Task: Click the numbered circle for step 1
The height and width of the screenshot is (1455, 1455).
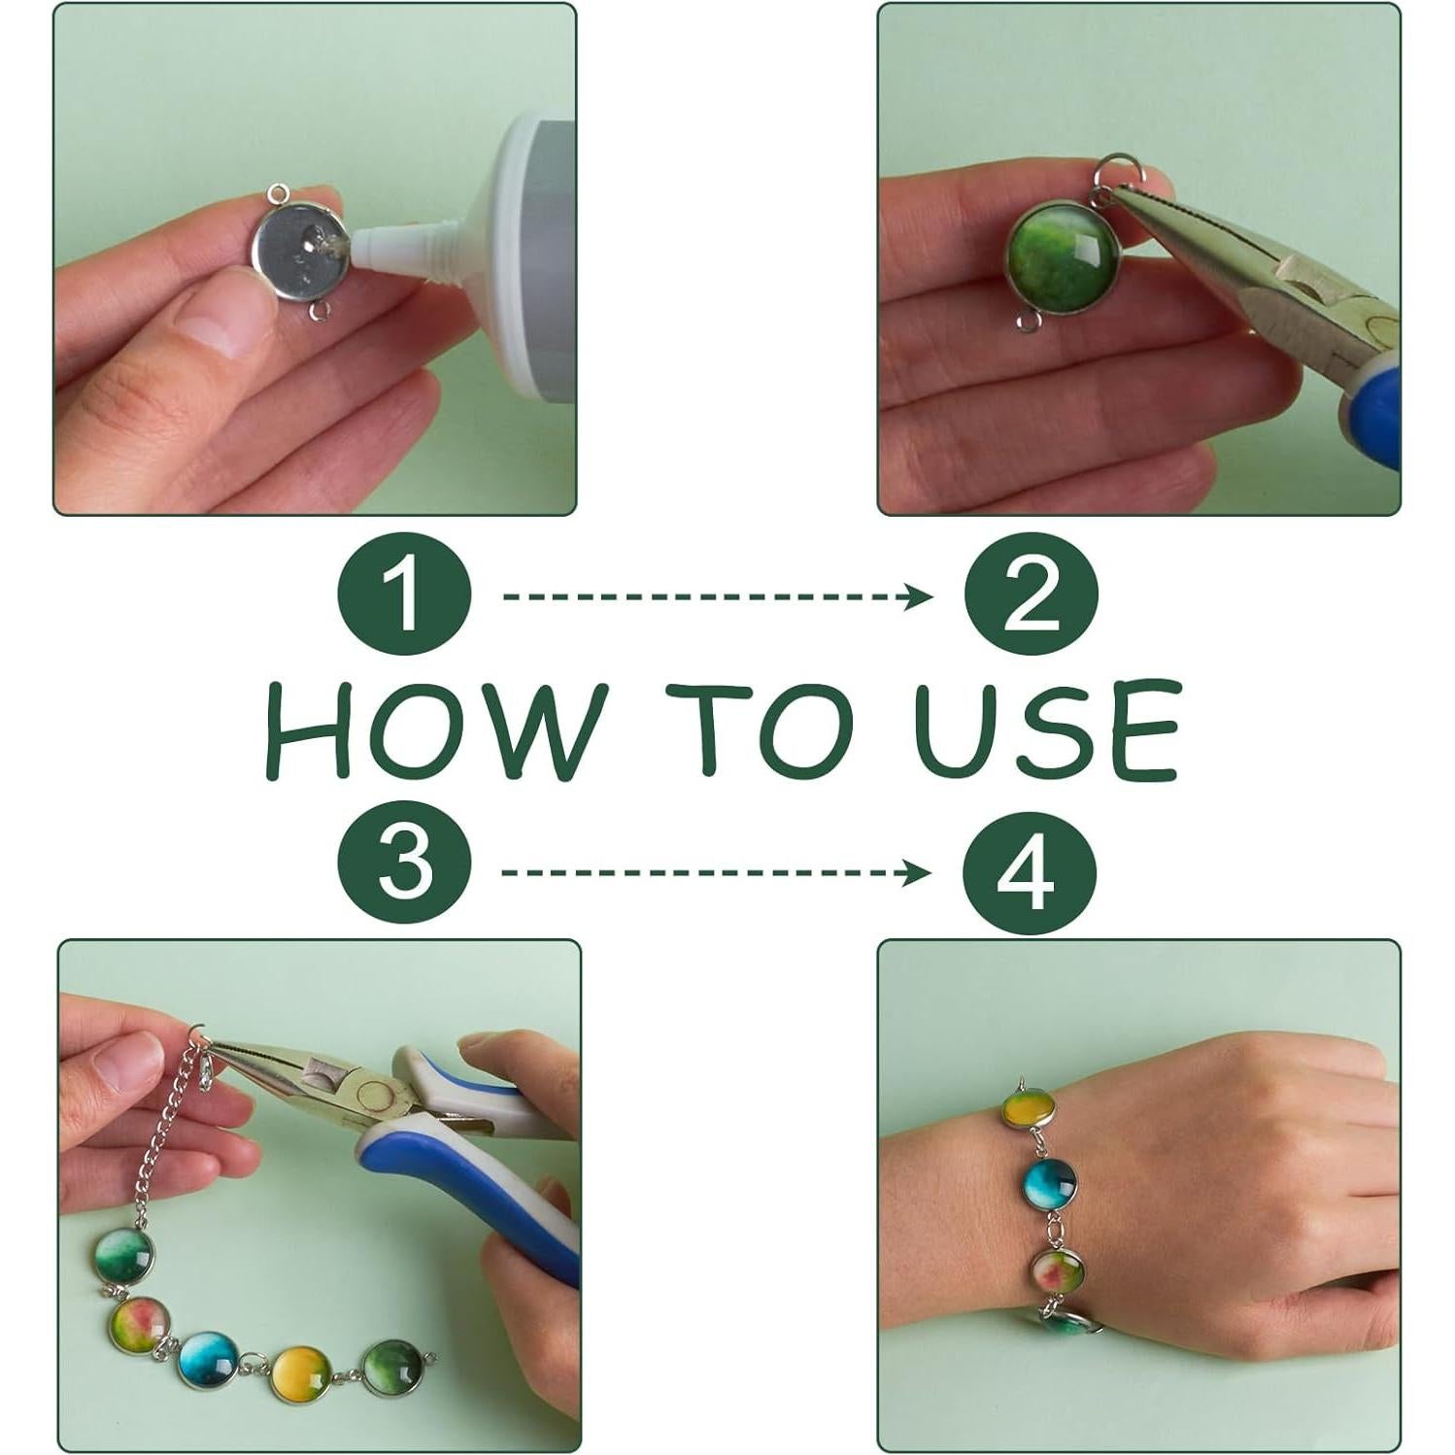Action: point(404,595)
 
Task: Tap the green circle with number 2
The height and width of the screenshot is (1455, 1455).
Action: point(1031,595)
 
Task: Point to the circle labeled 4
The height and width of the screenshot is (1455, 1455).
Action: point(1030,870)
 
